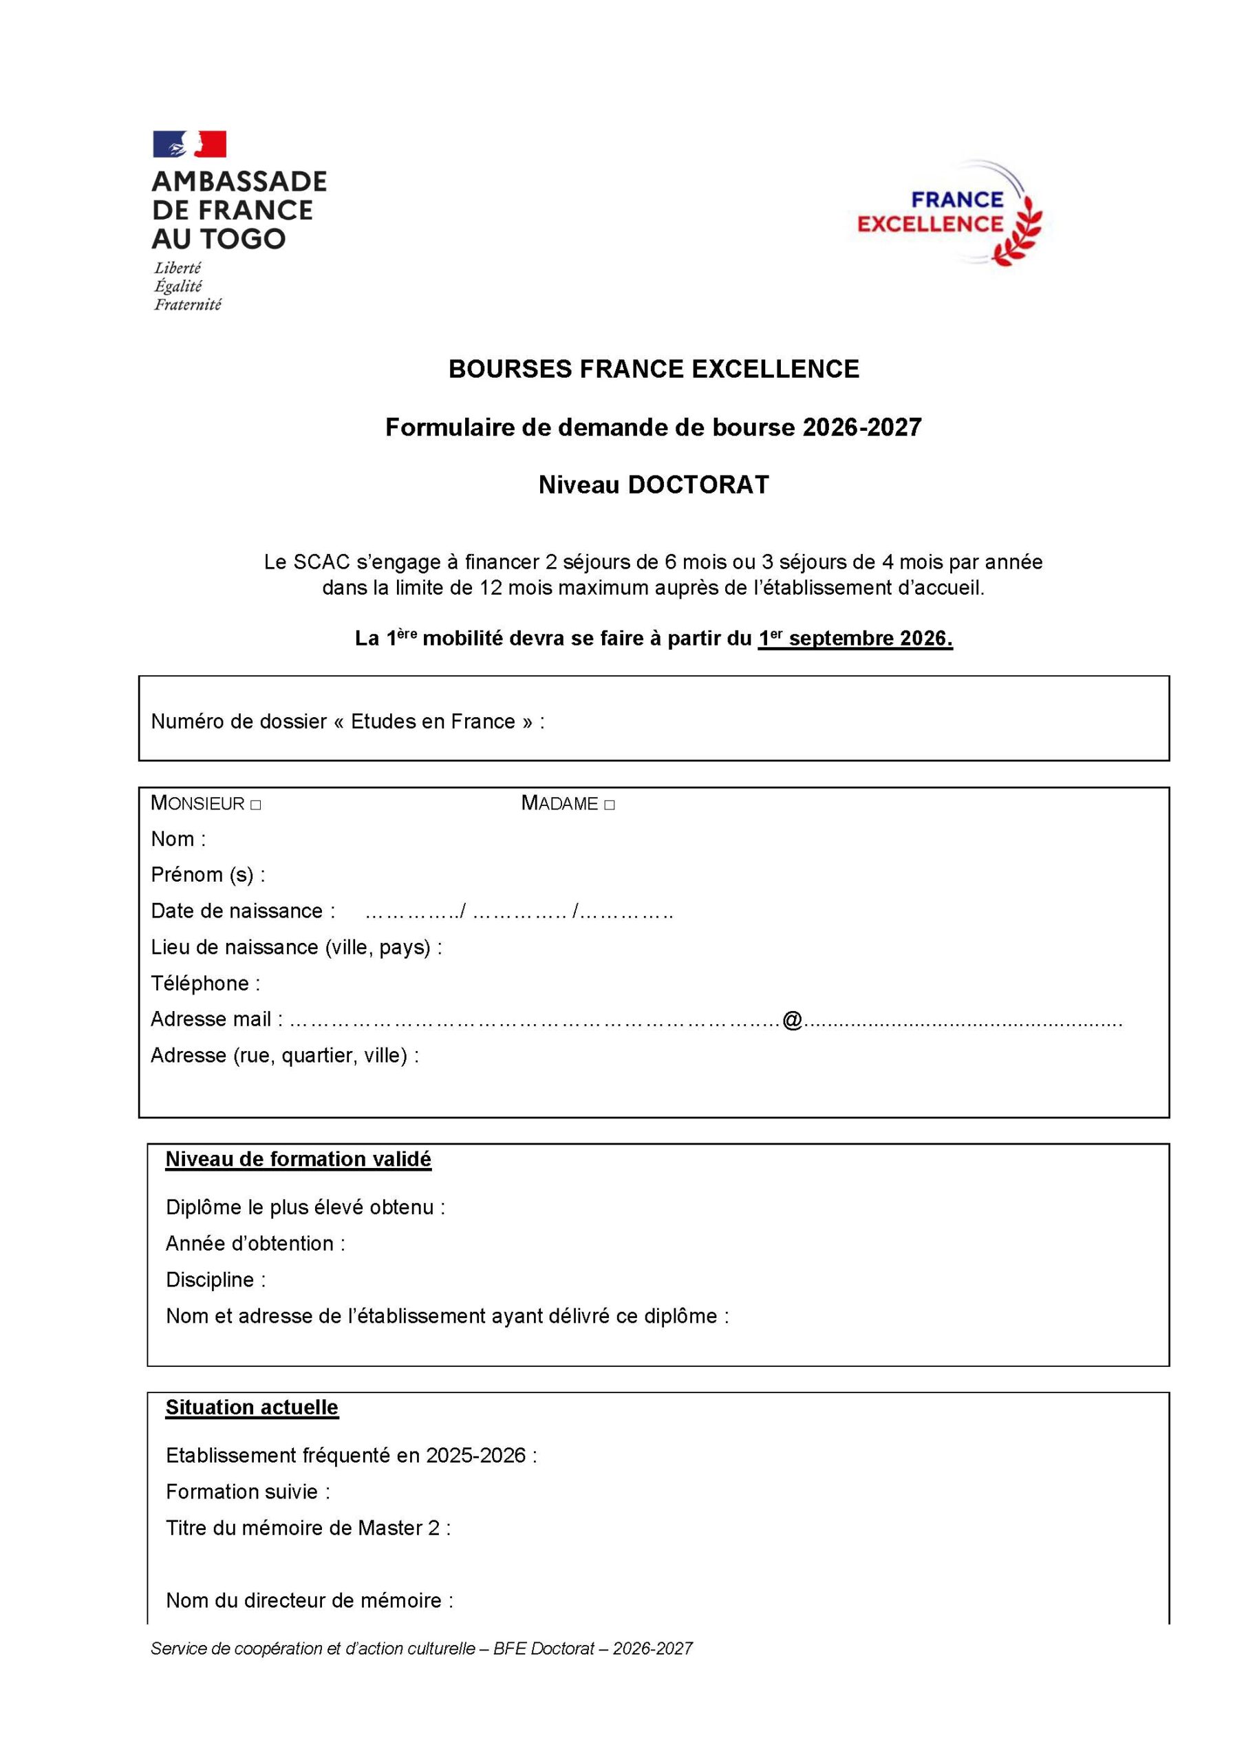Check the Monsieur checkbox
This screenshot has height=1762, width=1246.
coord(255,805)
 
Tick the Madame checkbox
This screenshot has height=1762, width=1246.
coord(609,805)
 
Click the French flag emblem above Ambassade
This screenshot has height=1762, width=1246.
coord(189,145)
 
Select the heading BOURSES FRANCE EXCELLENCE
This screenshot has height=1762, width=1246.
coord(654,369)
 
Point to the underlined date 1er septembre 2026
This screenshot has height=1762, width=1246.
coord(855,639)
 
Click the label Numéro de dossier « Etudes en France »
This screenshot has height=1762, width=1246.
coord(347,721)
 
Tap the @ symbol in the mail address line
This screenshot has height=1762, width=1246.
coord(792,1020)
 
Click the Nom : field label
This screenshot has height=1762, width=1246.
coord(178,839)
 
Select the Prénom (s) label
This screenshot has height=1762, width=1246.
coord(208,875)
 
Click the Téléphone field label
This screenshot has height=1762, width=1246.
coord(205,983)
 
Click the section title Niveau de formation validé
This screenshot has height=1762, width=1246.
coord(299,1159)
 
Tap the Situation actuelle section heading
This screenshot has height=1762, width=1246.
coord(252,1408)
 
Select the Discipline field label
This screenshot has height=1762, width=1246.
coord(215,1280)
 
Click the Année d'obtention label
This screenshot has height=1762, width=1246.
coord(255,1243)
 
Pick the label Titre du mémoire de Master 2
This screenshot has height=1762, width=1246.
coord(308,1528)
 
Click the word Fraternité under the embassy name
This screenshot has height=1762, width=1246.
coord(188,305)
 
